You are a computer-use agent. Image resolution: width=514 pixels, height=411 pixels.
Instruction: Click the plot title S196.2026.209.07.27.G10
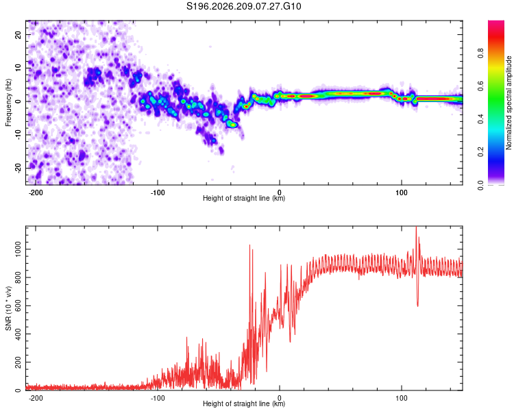pyautogui.click(x=243, y=6)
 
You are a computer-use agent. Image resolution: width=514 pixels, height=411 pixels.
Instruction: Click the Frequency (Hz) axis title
pyautogui.click(x=8, y=103)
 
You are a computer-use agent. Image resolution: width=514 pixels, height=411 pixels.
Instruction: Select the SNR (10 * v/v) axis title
pyautogui.click(x=8, y=308)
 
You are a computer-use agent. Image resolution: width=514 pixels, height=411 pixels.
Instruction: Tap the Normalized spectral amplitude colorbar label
pyautogui.click(x=509, y=103)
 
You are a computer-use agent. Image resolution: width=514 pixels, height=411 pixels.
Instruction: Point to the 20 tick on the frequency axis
pyautogui.click(x=19, y=34)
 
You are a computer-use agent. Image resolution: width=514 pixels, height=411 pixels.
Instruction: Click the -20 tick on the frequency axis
pyautogui.click(x=19, y=168)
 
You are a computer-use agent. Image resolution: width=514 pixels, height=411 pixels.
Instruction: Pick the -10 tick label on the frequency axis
pyautogui.click(x=19, y=135)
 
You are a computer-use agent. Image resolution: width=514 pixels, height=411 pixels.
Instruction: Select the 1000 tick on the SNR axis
pyautogui.click(x=19, y=249)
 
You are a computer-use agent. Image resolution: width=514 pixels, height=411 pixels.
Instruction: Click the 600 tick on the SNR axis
pyautogui.click(x=19, y=306)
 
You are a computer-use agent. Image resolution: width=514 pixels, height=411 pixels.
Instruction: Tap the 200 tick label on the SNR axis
pyautogui.click(x=19, y=362)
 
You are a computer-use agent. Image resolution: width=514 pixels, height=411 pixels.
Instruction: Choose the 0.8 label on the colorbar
pyautogui.click(x=480, y=53)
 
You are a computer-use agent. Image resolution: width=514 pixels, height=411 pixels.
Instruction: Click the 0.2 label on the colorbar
pyautogui.click(x=480, y=152)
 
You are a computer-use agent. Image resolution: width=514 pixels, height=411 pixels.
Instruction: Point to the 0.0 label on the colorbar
pyautogui.click(x=480, y=185)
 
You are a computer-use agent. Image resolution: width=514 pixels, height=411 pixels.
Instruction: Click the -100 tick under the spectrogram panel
pyautogui.click(x=158, y=192)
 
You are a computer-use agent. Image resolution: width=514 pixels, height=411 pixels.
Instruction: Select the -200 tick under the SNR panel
pyautogui.click(x=36, y=398)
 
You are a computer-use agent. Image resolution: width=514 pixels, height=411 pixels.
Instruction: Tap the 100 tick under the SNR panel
pyautogui.click(x=401, y=398)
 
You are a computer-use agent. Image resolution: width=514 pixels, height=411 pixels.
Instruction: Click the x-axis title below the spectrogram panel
pyautogui.click(x=244, y=198)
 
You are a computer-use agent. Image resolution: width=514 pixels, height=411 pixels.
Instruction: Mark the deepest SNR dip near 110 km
pyautogui.click(x=417, y=306)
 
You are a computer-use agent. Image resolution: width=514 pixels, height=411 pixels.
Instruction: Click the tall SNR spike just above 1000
pyautogui.click(x=249, y=245)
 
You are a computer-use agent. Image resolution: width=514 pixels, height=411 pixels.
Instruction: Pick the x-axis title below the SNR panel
pyautogui.click(x=244, y=403)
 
